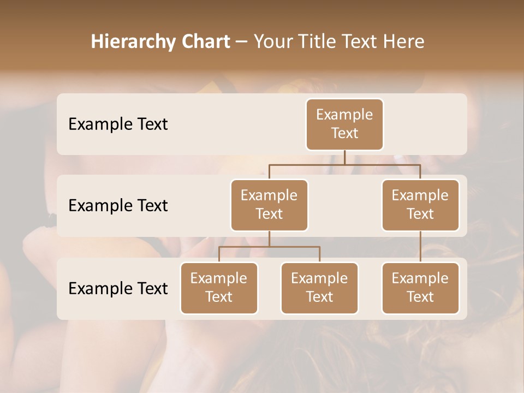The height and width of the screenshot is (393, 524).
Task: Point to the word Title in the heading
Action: (321, 42)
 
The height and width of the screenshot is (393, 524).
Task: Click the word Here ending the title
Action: (404, 42)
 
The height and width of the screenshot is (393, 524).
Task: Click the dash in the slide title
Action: (242, 43)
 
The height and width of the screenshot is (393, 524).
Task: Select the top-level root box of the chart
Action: (344, 124)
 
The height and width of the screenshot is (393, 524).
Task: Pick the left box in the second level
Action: (269, 205)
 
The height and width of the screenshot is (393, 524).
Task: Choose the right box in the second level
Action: (420, 205)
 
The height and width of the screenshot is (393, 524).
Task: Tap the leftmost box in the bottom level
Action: (219, 288)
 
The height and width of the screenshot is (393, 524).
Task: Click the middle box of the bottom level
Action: (319, 288)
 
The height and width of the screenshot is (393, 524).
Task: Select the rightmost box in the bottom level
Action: (420, 288)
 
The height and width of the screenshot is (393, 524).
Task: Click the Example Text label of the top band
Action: (118, 124)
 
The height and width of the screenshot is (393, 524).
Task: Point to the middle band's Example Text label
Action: (118, 206)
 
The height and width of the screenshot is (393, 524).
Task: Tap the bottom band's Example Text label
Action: (118, 289)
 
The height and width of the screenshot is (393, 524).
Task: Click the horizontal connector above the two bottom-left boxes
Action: (269, 247)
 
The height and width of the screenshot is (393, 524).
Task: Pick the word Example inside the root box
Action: (344, 115)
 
